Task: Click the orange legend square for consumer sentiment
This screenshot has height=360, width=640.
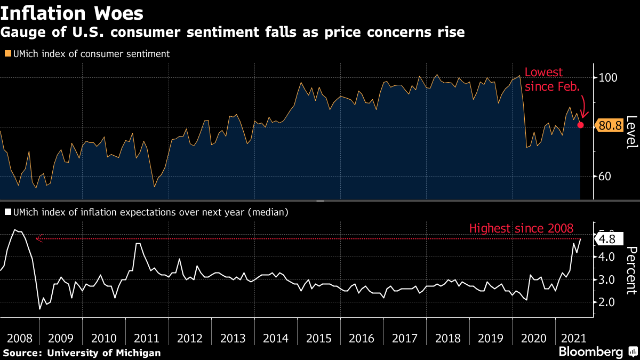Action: [x=7, y=54]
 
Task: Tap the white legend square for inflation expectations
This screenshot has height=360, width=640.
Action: [x=7, y=212]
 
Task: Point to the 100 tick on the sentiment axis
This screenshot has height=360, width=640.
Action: [x=608, y=78]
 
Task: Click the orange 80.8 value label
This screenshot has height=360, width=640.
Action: [x=610, y=126]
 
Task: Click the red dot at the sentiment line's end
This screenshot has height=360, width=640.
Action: [x=581, y=125]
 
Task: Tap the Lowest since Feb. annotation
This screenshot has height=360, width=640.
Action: [x=551, y=79]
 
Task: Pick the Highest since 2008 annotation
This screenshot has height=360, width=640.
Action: [x=521, y=228]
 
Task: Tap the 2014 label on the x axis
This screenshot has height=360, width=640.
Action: [x=276, y=338]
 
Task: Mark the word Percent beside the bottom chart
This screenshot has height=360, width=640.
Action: [x=631, y=270]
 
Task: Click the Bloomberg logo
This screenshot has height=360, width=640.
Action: [x=590, y=352]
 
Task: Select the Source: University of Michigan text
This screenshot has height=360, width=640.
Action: [x=81, y=353]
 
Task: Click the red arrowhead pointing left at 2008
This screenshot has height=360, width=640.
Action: [x=38, y=239]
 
